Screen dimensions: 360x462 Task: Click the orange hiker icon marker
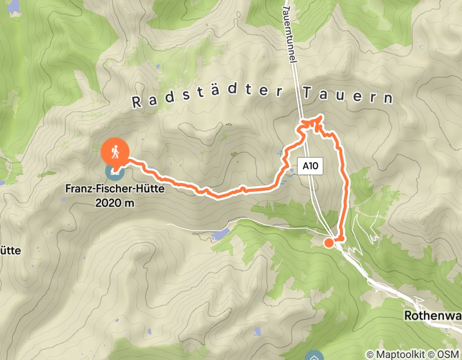[115, 152]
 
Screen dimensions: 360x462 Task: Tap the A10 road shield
[310, 166]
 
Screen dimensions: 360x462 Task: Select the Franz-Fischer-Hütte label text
[115, 189]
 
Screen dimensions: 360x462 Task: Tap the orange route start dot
[328, 242]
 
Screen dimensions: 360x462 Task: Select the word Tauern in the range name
[347, 96]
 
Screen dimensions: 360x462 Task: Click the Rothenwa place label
[432, 315]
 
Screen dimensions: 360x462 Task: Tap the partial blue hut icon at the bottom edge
[314, 356]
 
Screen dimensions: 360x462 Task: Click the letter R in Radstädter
[136, 102]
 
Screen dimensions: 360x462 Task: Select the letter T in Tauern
[307, 94]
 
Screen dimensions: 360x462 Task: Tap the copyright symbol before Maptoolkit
[369, 354]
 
